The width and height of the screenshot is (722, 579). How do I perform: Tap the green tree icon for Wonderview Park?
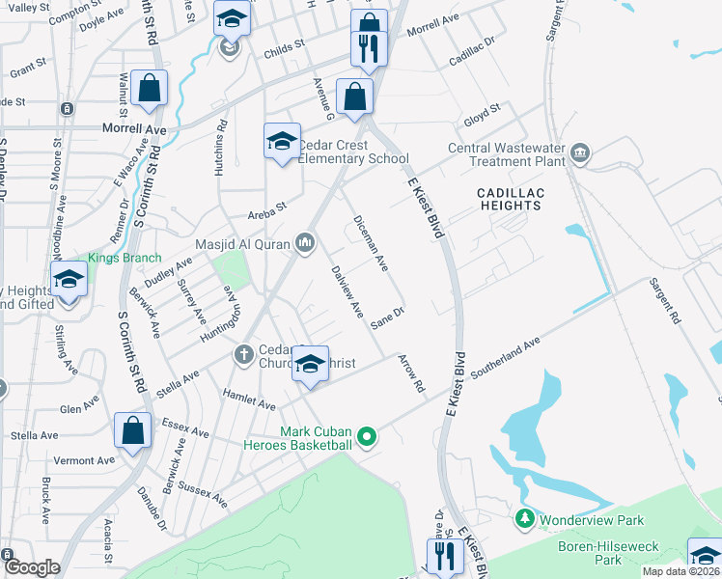pyautogui.click(x=525, y=519)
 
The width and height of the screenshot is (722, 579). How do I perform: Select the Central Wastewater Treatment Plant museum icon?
pyautogui.click(x=580, y=152)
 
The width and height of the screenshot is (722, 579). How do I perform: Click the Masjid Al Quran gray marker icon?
pyautogui.click(x=306, y=242)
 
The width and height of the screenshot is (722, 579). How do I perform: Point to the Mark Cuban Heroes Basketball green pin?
pyautogui.click(x=366, y=438)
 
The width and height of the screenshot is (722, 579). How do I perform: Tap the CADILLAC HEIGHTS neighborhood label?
pyautogui.click(x=511, y=199)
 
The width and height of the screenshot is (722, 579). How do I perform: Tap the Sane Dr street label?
pyautogui.click(x=386, y=319)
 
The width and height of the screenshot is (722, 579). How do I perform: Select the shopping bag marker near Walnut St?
pyautogui.click(x=149, y=90)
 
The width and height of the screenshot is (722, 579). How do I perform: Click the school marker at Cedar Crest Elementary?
pyautogui.click(x=282, y=143)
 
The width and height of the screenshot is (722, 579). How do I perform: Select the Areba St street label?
pyautogui.click(x=267, y=207)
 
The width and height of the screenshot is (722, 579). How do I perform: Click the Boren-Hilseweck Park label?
pyautogui.click(x=608, y=552)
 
